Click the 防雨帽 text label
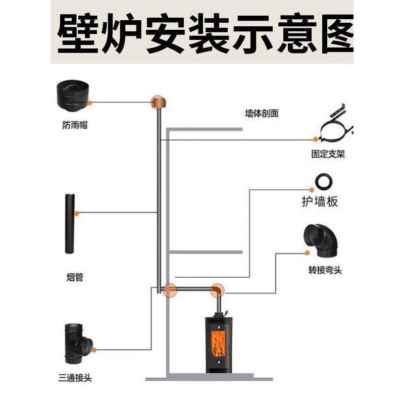coord(71,125)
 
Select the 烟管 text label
coord(75,277)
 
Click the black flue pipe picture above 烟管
coord(70,224)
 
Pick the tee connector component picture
coord(76,343)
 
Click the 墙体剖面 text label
coord(262,114)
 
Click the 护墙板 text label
coord(320,203)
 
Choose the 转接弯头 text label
coord(325,270)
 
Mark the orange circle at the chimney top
coord(159,103)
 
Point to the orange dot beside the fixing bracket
coord(316,139)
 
